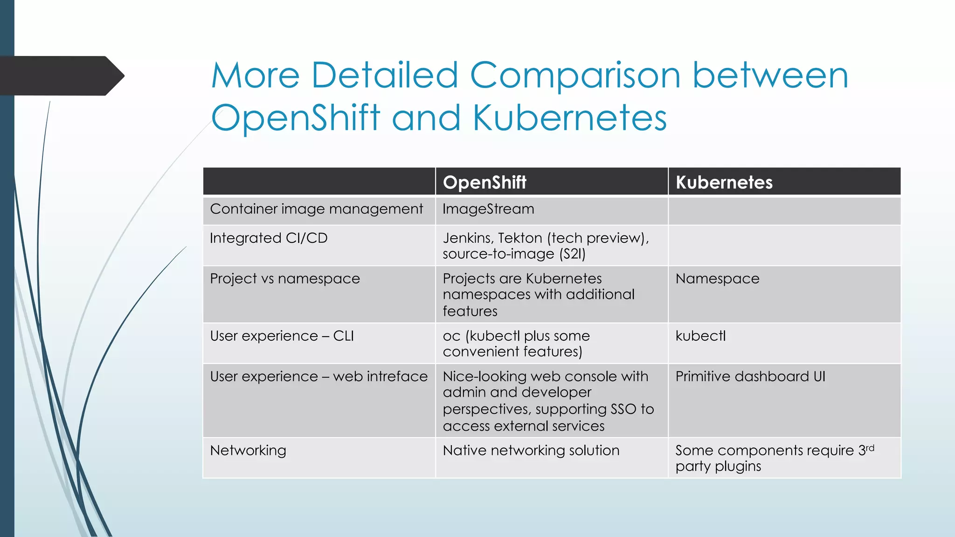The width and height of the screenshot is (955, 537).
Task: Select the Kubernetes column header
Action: click(724, 182)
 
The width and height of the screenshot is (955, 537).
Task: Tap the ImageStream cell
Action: click(488, 209)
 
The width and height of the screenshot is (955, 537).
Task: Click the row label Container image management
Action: click(316, 209)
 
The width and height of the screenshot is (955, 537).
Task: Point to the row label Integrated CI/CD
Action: click(269, 238)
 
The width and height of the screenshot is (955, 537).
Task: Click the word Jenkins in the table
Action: click(467, 238)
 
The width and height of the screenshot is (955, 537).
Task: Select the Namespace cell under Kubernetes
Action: click(717, 279)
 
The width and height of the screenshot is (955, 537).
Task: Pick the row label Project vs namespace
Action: click(285, 279)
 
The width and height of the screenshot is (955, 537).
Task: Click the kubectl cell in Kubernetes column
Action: click(700, 336)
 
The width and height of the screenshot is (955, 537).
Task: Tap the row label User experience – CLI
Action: click(282, 336)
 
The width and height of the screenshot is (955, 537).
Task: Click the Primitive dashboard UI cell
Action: click(750, 377)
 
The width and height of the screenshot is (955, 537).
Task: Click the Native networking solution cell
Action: click(531, 450)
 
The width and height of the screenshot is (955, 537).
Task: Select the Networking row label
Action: click(248, 450)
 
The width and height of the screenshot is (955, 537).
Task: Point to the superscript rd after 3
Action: click(870, 447)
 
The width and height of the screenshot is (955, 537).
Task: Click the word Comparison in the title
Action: click(575, 76)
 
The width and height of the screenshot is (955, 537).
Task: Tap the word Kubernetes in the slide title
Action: click(569, 117)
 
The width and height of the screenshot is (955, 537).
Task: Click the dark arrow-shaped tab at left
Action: click(61, 76)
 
